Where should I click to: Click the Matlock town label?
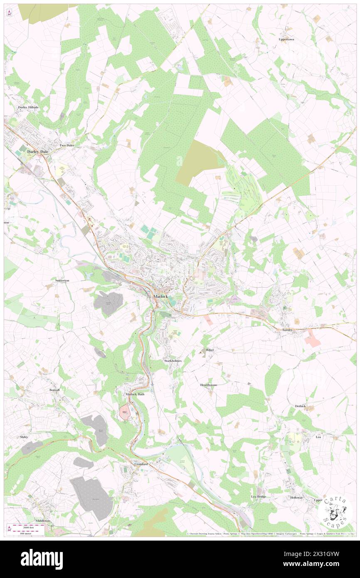(x=160, y=296)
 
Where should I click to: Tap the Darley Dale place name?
(x=38, y=152)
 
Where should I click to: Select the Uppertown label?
(x=286, y=39)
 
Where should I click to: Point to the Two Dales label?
(x=67, y=146)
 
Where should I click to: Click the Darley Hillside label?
(x=28, y=107)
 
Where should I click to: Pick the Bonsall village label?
(x=54, y=390)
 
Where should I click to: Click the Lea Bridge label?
(x=258, y=496)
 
